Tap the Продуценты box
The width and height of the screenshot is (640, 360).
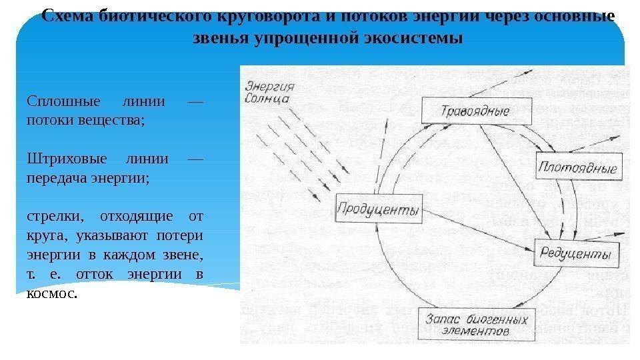click(x=377, y=211)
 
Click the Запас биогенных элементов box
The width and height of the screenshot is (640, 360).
click(x=475, y=324)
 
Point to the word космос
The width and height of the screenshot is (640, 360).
click(x=52, y=293)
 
